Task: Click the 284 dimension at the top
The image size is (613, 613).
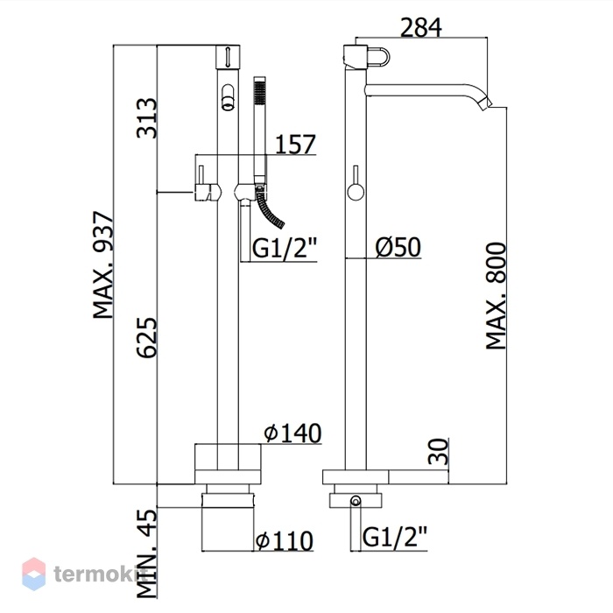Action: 421,27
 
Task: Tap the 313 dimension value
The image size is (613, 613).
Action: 147,118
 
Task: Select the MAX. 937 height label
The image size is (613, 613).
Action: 103,265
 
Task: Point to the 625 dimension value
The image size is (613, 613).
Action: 147,337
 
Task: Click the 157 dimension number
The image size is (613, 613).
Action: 295,144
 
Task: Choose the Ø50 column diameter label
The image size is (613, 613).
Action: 398,247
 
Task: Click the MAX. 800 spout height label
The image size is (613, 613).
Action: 496,296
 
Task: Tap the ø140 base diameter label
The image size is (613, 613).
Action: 292,433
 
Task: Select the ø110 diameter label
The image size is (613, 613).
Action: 285,540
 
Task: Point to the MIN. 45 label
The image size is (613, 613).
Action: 147,553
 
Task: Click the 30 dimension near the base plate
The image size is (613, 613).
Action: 438,451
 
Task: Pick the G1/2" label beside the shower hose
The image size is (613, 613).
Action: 285,248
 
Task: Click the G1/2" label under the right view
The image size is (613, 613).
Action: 395,537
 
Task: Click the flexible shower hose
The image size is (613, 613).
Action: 270,209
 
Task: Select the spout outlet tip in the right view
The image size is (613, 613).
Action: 487,102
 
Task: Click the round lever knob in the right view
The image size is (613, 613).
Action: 356,193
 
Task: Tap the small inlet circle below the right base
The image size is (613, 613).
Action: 356,500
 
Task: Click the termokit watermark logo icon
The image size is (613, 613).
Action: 33,574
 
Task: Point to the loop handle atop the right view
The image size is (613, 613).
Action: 379,57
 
